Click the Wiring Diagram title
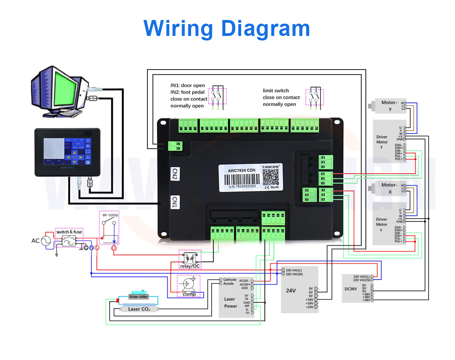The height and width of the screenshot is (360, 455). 227,28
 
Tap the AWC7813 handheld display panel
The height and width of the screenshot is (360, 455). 64,152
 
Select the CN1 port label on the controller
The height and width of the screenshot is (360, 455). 174,202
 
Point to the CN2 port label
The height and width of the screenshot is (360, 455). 174,174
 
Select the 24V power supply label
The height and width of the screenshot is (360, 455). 291,290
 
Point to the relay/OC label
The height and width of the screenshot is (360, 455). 190,266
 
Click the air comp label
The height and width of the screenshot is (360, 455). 109,215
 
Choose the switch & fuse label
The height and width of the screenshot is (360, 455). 69,232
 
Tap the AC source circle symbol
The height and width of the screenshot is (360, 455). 46,241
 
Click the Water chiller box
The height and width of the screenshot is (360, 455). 138,297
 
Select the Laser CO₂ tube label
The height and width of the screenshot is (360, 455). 139,309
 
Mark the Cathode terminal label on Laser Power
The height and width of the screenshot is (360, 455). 230,280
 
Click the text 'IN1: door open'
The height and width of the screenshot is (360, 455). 187,85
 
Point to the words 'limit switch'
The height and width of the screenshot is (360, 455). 276,90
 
